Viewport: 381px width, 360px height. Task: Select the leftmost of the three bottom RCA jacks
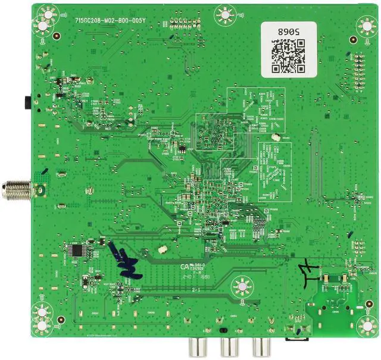pos(194,346)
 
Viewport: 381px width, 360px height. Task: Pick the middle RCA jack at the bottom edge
pos(227,346)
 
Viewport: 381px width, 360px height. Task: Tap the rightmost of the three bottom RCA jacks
pos(260,346)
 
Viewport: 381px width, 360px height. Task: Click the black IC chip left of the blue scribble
pos(74,251)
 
